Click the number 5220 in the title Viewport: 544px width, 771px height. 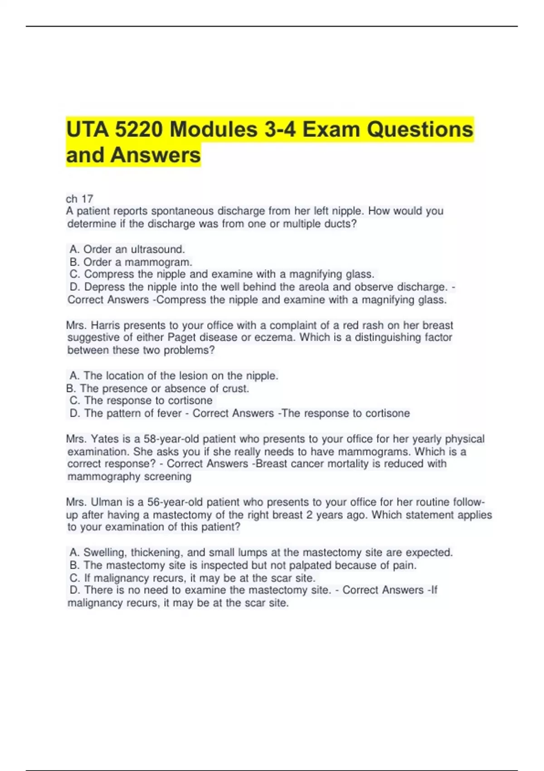pyautogui.click(x=138, y=130)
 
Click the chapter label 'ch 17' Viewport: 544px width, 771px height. pyautogui.click(x=79, y=199)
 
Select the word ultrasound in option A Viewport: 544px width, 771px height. pyautogui.click(x=157, y=249)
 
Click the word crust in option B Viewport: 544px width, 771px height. pyautogui.click(x=235, y=388)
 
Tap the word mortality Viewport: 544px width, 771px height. pyautogui.click(x=330, y=464)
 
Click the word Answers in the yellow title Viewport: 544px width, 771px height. pyautogui.click(x=155, y=155)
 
